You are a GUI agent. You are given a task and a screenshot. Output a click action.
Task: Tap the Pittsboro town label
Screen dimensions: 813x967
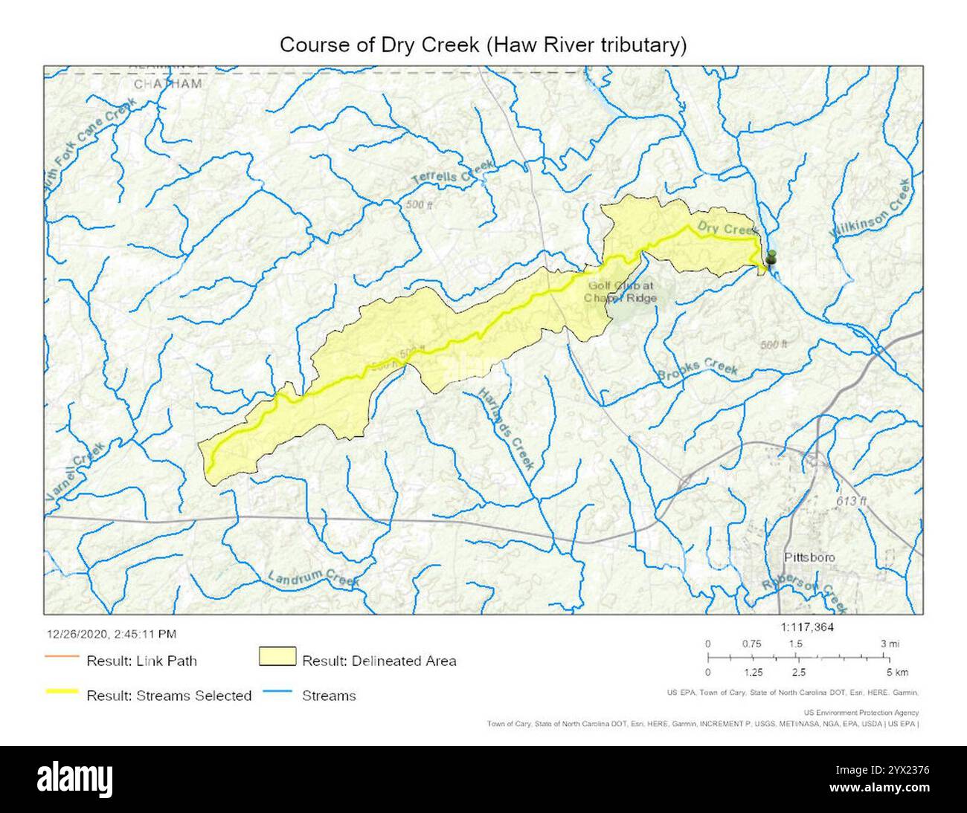click(x=809, y=557)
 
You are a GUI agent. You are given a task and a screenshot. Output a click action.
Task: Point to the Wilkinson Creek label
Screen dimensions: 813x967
click(x=871, y=209)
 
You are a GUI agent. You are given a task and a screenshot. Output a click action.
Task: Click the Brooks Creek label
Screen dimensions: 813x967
click(x=698, y=372)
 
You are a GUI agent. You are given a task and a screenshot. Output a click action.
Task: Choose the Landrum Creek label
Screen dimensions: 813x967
click(x=312, y=579)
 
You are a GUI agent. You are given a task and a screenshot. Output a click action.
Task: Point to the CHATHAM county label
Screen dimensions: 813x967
click(x=167, y=84)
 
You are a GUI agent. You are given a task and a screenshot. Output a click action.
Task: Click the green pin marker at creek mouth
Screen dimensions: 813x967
click(x=771, y=257)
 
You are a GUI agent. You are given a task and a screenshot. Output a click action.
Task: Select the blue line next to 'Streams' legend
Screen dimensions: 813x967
click(x=277, y=692)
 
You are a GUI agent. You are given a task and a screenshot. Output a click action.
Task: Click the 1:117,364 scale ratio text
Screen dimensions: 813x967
click(x=809, y=627)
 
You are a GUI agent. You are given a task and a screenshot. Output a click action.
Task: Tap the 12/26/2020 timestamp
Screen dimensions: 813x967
click(x=112, y=634)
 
